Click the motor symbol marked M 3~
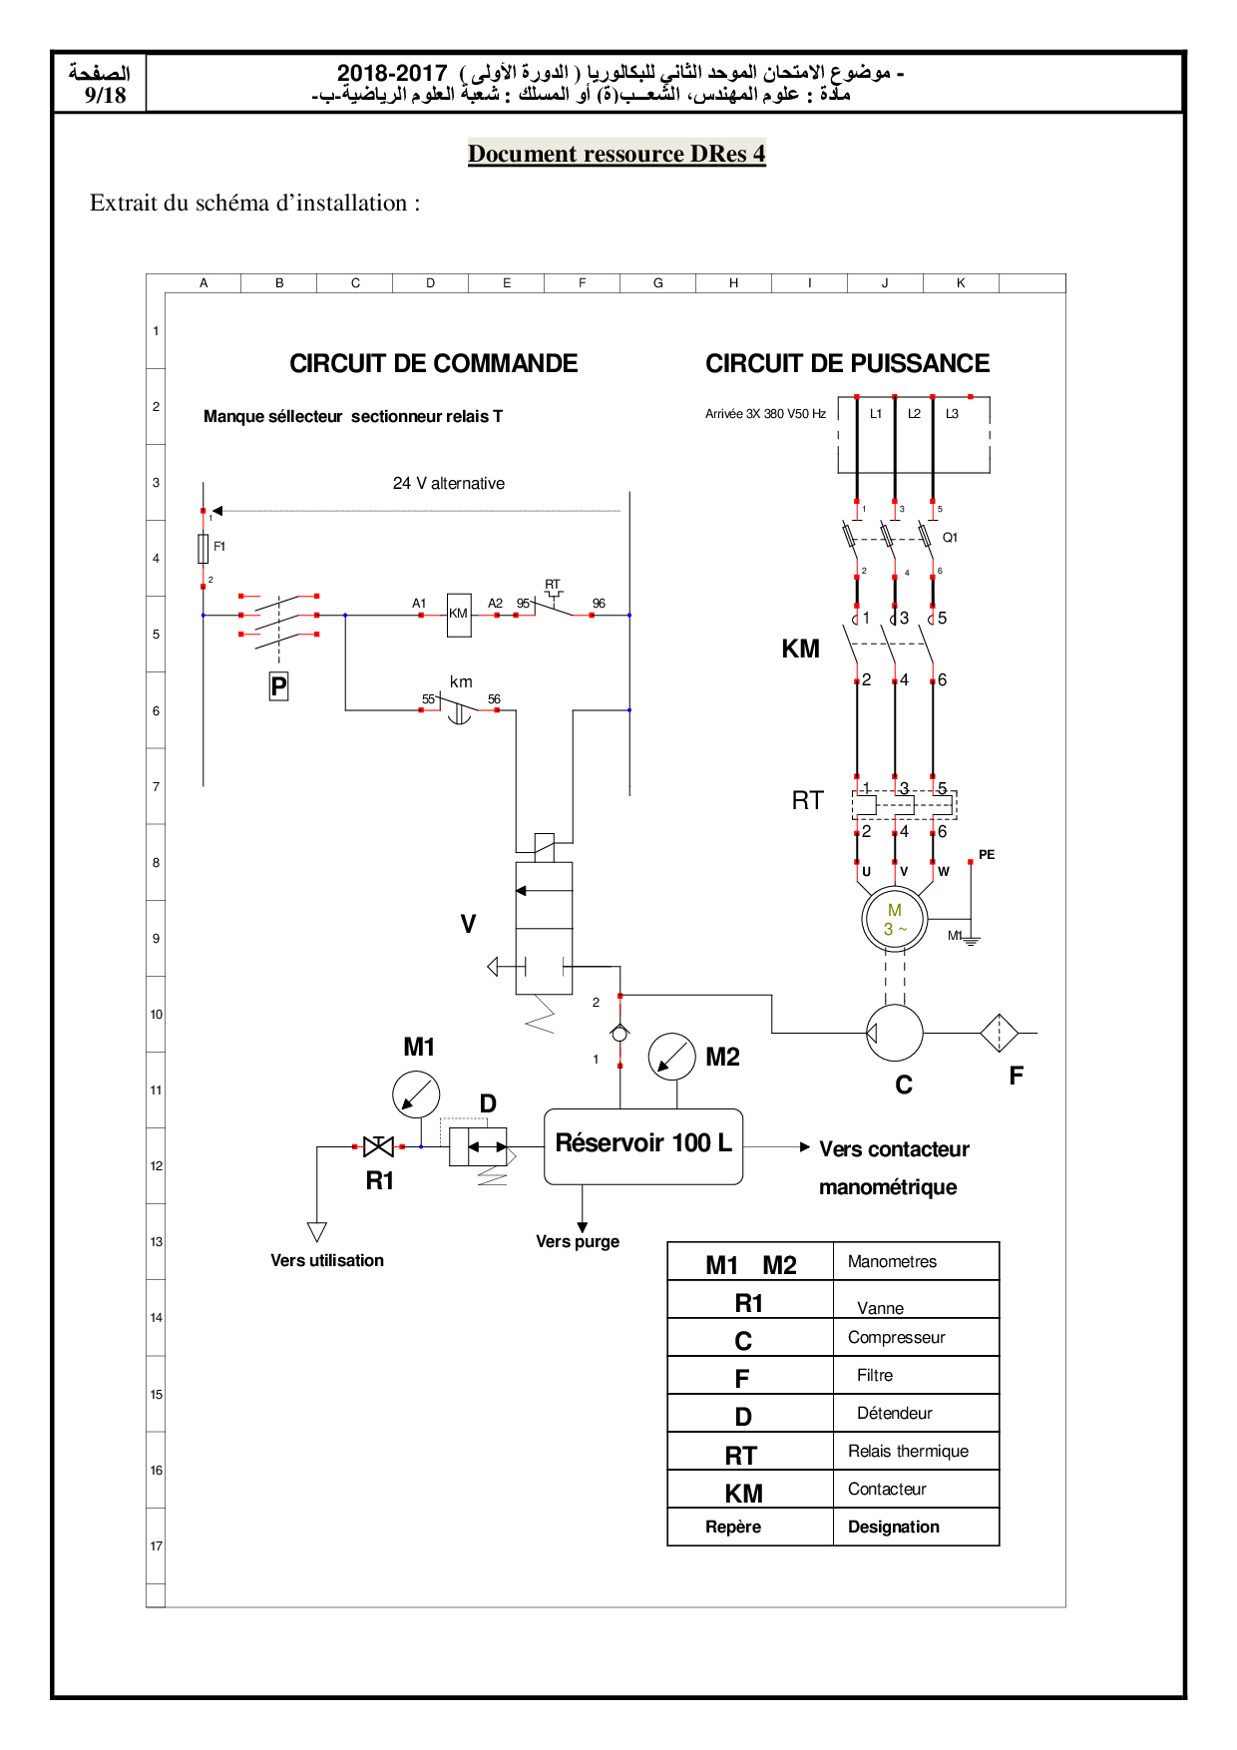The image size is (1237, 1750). (x=895, y=918)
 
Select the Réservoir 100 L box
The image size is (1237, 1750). (x=643, y=1146)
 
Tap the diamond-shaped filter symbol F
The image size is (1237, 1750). (x=999, y=1033)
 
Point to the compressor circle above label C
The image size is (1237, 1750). (x=895, y=1032)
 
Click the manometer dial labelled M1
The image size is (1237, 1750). (x=416, y=1094)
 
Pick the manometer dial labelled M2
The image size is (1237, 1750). (x=672, y=1057)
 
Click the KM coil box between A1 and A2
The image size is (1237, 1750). (x=459, y=615)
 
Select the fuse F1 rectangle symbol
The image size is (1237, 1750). (x=204, y=548)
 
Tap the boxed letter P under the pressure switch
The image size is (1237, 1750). (x=279, y=686)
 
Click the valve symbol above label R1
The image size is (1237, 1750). (x=379, y=1146)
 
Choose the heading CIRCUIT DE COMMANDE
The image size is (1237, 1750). (x=434, y=363)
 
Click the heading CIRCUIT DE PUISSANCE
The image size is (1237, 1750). (x=848, y=363)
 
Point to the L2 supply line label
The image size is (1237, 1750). (x=914, y=413)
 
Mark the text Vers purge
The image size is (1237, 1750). (x=578, y=1241)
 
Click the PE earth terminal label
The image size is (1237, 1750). (x=987, y=854)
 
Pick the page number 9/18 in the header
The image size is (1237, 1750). (x=106, y=95)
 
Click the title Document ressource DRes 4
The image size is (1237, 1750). (x=617, y=154)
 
